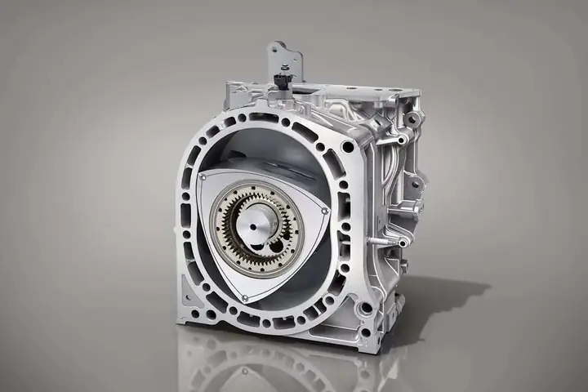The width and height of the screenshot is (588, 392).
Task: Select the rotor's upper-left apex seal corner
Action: [x=202, y=176]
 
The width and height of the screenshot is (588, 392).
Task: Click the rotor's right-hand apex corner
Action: [x=326, y=212]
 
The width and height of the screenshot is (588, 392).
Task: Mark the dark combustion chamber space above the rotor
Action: [x=269, y=155]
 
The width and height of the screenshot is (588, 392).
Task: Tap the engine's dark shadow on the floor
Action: [x=441, y=302]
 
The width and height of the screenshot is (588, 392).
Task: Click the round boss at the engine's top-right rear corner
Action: [x=413, y=119]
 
